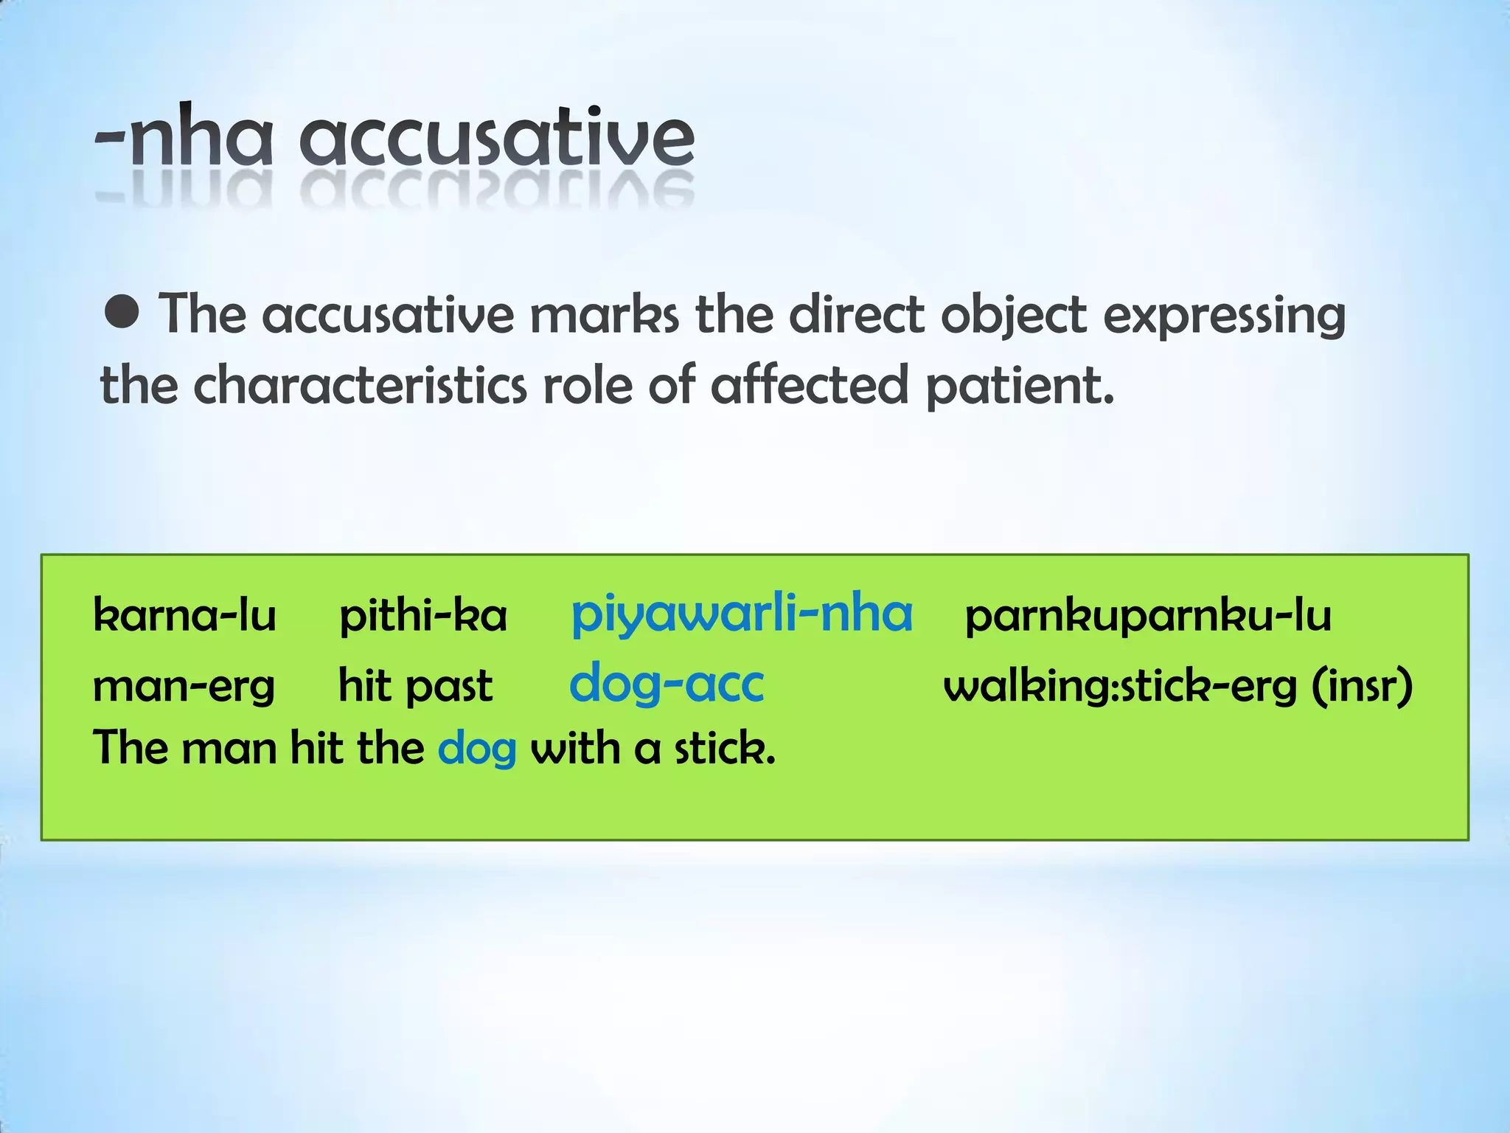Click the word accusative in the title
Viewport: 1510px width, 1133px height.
click(496, 137)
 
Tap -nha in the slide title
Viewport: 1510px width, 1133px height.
click(184, 139)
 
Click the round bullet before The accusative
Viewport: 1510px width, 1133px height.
click(122, 312)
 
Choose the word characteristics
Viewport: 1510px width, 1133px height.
click(361, 385)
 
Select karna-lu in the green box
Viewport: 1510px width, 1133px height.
click(184, 615)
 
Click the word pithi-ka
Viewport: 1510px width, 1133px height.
click(423, 615)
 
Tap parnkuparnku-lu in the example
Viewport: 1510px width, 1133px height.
click(1148, 615)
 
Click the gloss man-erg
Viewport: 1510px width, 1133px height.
click(184, 686)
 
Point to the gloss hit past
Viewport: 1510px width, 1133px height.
click(415, 686)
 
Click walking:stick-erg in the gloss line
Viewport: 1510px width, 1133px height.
click(1120, 686)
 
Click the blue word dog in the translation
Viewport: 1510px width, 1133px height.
click(476, 749)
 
